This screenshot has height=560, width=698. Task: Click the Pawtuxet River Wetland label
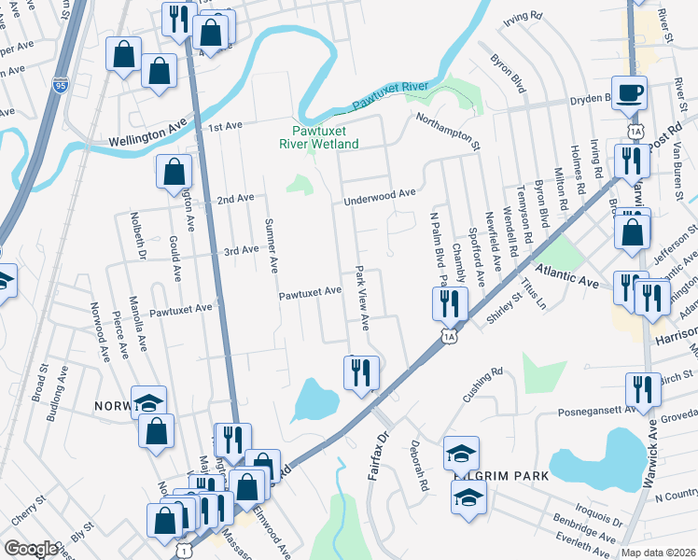319,138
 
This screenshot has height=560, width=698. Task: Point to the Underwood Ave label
379,193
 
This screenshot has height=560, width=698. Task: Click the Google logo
32,549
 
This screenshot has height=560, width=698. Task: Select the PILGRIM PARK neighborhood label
502,476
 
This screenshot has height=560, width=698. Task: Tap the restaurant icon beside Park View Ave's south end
359,372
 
